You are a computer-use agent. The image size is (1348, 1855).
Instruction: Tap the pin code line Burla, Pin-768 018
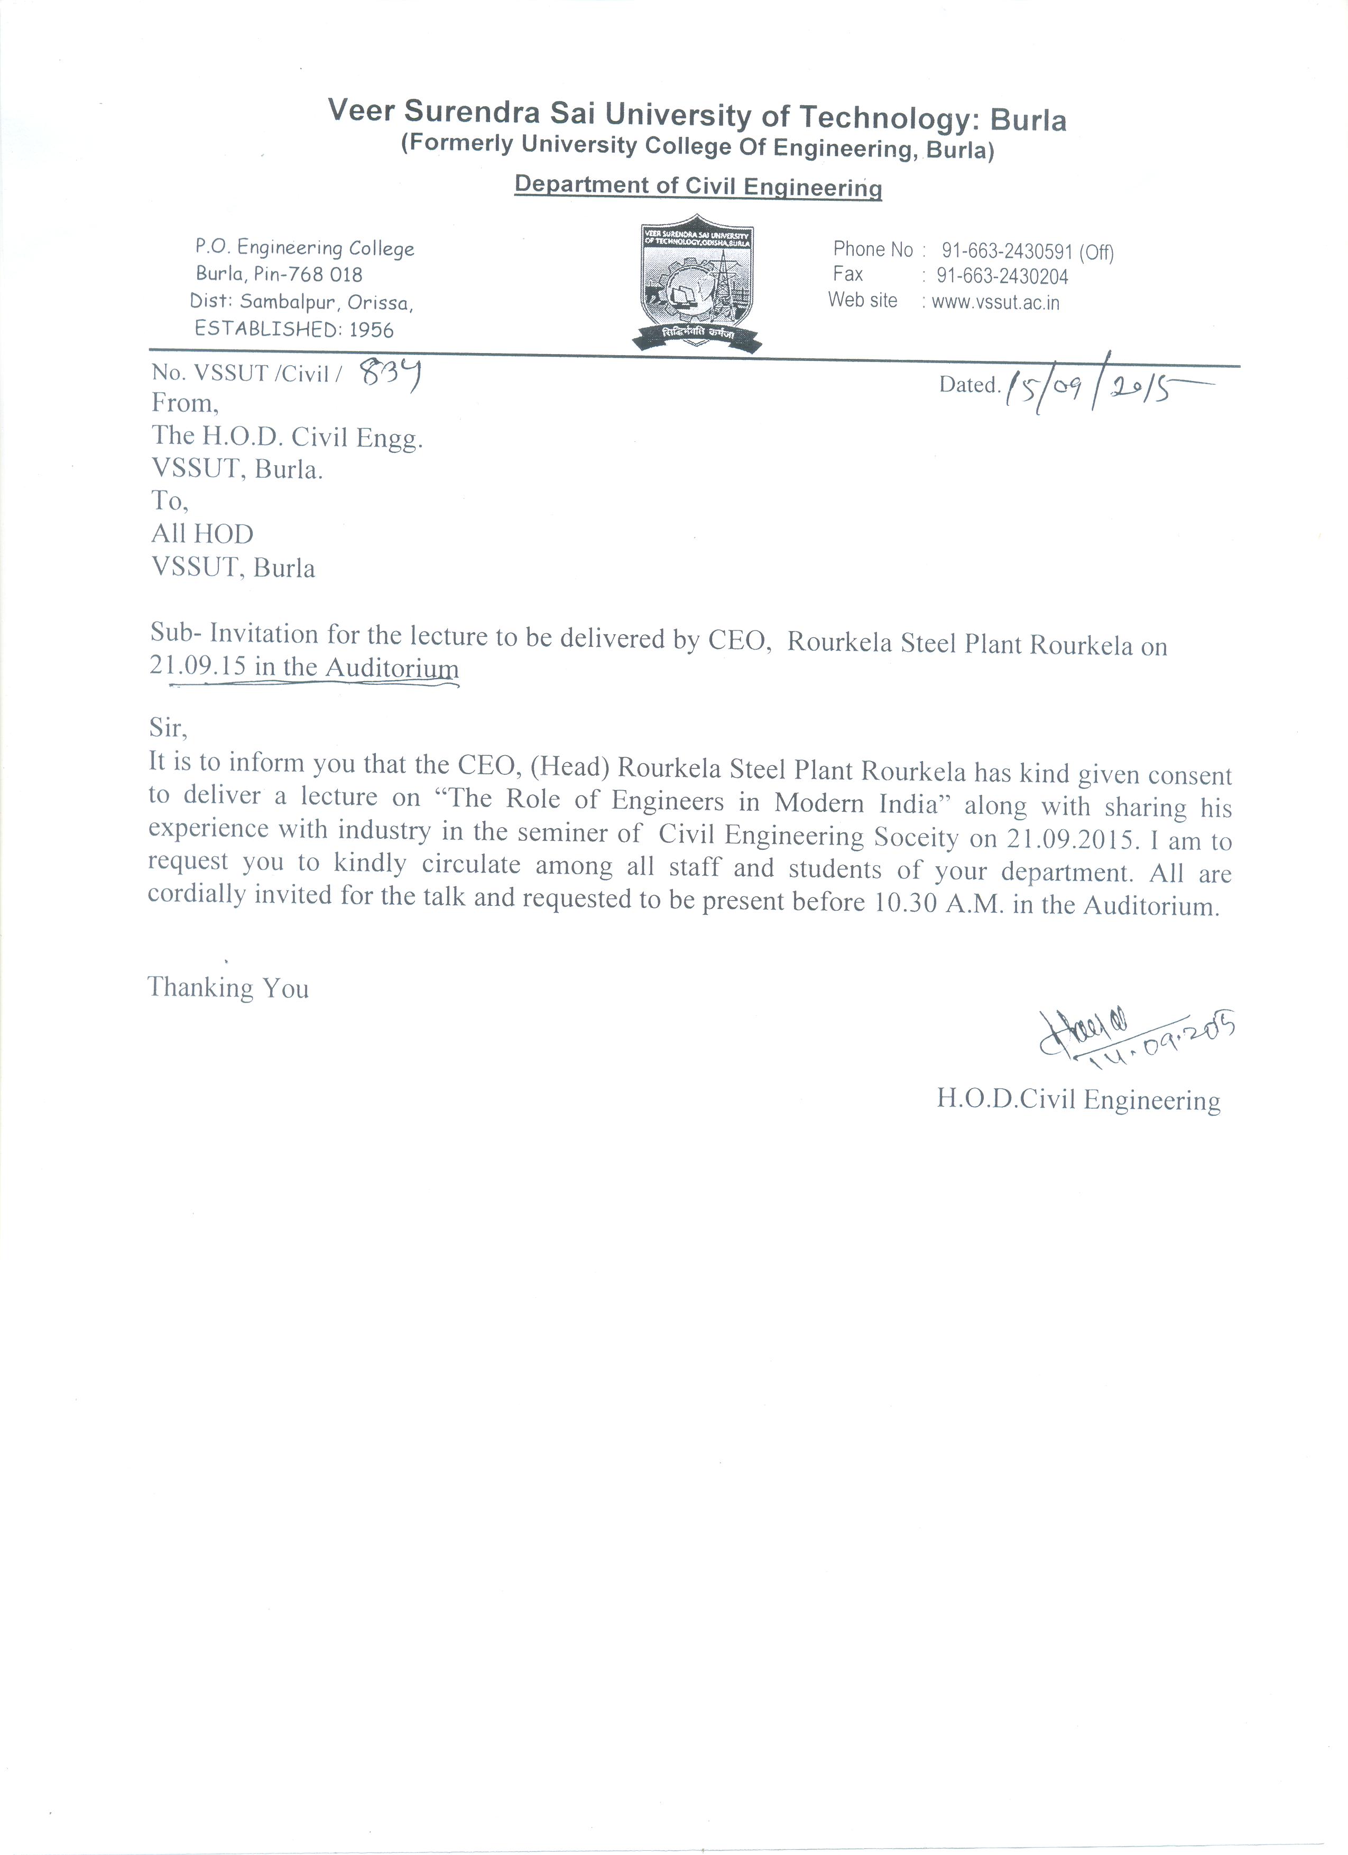point(279,274)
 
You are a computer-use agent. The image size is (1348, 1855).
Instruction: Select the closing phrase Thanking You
point(228,988)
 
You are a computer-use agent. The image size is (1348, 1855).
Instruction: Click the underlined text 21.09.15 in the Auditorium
point(303,667)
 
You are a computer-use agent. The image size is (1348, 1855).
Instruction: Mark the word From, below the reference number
point(185,403)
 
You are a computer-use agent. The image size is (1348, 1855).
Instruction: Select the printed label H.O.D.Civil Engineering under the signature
point(1078,1101)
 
